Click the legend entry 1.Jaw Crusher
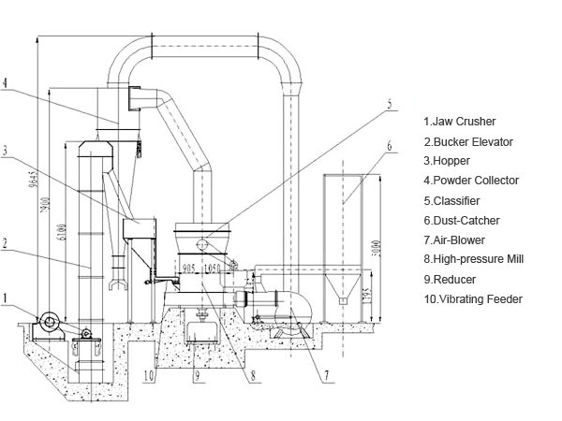click(460, 122)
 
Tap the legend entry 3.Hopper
click(449, 161)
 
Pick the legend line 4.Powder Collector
click(472, 181)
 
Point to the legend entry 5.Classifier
click(454, 200)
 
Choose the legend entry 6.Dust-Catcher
click(462, 220)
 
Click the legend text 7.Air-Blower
click(456, 240)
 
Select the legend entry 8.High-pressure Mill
click(474, 259)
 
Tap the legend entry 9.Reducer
click(451, 279)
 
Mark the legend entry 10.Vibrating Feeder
click(473, 298)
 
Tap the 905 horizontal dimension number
click(189, 268)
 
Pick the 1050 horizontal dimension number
click(212, 268)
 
